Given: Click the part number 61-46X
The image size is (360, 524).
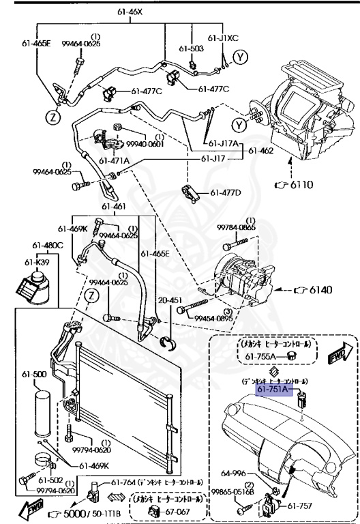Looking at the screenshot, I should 132,12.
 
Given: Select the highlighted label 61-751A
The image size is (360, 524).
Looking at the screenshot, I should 275,390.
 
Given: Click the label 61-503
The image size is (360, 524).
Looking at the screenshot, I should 192,48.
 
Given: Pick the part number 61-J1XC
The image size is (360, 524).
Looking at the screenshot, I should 222,38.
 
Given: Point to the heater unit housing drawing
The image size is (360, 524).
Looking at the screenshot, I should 307,109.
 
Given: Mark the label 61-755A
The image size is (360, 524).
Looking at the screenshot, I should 260,355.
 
